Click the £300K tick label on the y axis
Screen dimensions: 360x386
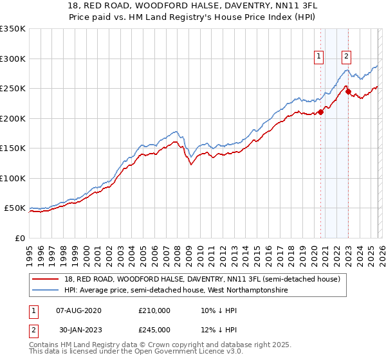(13, 59)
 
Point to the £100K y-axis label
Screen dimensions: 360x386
(13, 178)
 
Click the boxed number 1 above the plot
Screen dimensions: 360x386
(320, 56)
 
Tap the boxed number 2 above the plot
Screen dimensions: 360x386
(347, 56)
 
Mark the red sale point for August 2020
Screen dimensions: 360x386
(320, 113)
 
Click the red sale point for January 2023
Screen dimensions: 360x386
(348, 92)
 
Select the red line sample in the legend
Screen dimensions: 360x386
(46, 279)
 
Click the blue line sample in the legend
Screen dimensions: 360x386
(46, 291)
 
